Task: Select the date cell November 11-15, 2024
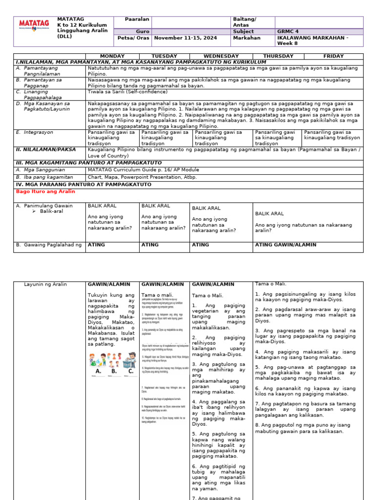tap(181, 37)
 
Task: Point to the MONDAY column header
tap(112, 56)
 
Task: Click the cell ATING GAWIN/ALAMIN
tap(286, 245)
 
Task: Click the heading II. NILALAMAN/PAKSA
tap(46, 150)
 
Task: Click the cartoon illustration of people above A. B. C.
tap(112, 360)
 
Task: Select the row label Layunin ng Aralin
tap(45, 284)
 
